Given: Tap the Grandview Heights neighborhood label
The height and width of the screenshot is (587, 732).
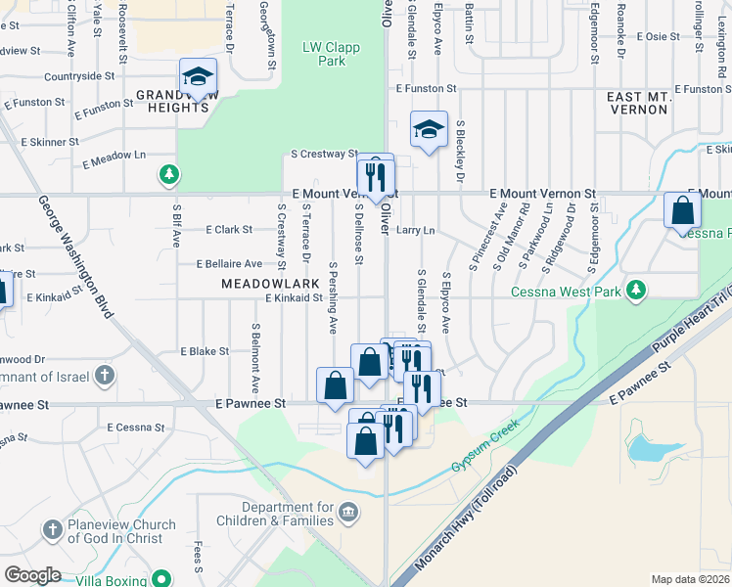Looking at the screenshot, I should (x=172, y=101).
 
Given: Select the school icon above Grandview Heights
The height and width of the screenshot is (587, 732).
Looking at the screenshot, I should (x=198, y=76).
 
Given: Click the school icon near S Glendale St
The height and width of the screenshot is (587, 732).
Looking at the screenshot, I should (x=428, y=129).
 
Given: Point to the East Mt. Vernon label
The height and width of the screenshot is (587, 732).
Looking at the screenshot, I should (x=637, y=104).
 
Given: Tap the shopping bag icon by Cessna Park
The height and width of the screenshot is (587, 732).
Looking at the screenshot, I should (x=682, y=209).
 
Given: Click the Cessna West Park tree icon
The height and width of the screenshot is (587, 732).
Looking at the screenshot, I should (x=636, y=290).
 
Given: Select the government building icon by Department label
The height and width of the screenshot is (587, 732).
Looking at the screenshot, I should (x=348, y=513).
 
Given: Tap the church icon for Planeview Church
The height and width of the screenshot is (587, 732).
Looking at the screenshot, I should (x=52, y=530).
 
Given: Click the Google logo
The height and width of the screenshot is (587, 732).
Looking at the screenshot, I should (x=32, y=574).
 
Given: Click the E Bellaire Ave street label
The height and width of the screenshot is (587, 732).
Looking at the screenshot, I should (x=229, y=264).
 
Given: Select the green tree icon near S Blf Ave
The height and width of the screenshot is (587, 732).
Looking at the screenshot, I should (x=169, y=175).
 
